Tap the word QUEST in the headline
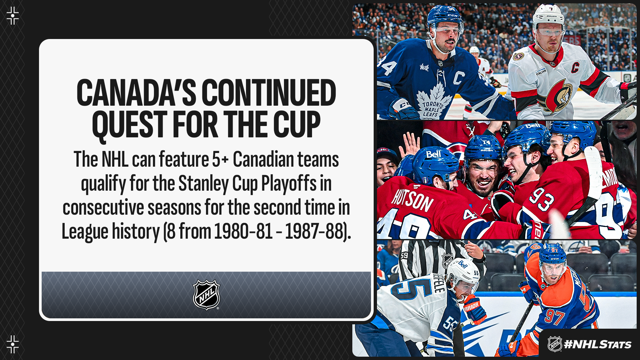pyautogui.click(x=129, y=124)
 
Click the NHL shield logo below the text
pyautogui.click(x=206, y=295)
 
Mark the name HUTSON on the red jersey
pyautogui.click(x=412, y=199)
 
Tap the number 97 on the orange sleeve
pyautogui.click(x=554, y=317)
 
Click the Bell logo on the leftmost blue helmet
pyautogui.click(x=434, y=154)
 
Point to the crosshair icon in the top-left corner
pyautogui.click(x=13, y=16)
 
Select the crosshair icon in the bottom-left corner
pyautogui.click(x=13, y=344)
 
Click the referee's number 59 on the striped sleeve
pyautogui.click(x=404, y=256)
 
